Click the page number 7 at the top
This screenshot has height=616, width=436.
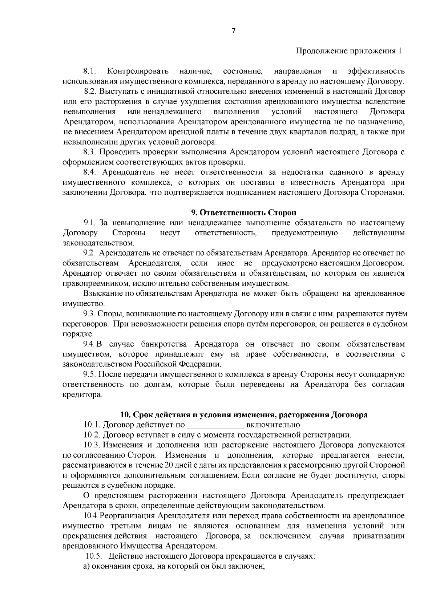(x=233, y=31)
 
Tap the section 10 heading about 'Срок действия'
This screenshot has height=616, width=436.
(x=244, y=415)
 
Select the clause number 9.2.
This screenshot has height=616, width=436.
(x=89, y=253)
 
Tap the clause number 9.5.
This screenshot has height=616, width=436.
(x=89, y=374)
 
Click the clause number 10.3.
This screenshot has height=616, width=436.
(x=92, y=445)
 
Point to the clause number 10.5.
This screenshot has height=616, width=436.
(x=93, y=556)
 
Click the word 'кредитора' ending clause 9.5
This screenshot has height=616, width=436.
(x=82, y=395)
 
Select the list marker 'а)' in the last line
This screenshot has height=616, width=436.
(x=86, y=567)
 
